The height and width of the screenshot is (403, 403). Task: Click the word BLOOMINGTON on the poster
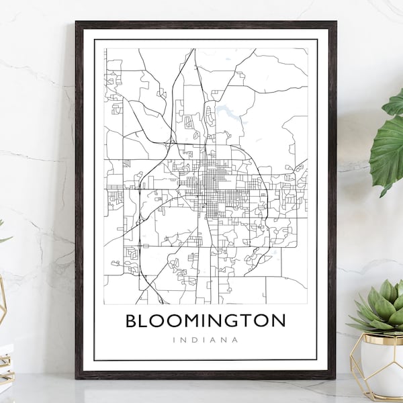[x=206, y=320]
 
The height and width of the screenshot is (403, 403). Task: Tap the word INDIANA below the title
[x=206, y=340]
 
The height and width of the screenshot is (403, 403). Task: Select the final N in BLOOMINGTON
[x=277, y=320]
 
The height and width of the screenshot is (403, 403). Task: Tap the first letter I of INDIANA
[x=174, y=340]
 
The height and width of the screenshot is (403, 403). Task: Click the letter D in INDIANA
[x=194, y=340]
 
